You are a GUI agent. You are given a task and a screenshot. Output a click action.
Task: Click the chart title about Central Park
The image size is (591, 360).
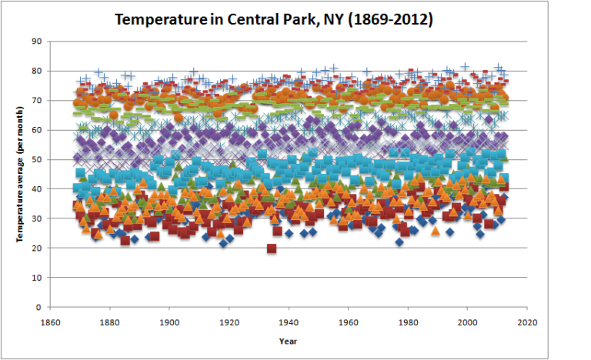tap(273, 19)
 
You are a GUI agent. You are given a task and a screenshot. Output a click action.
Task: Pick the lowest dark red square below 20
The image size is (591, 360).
tap(272, 248)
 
